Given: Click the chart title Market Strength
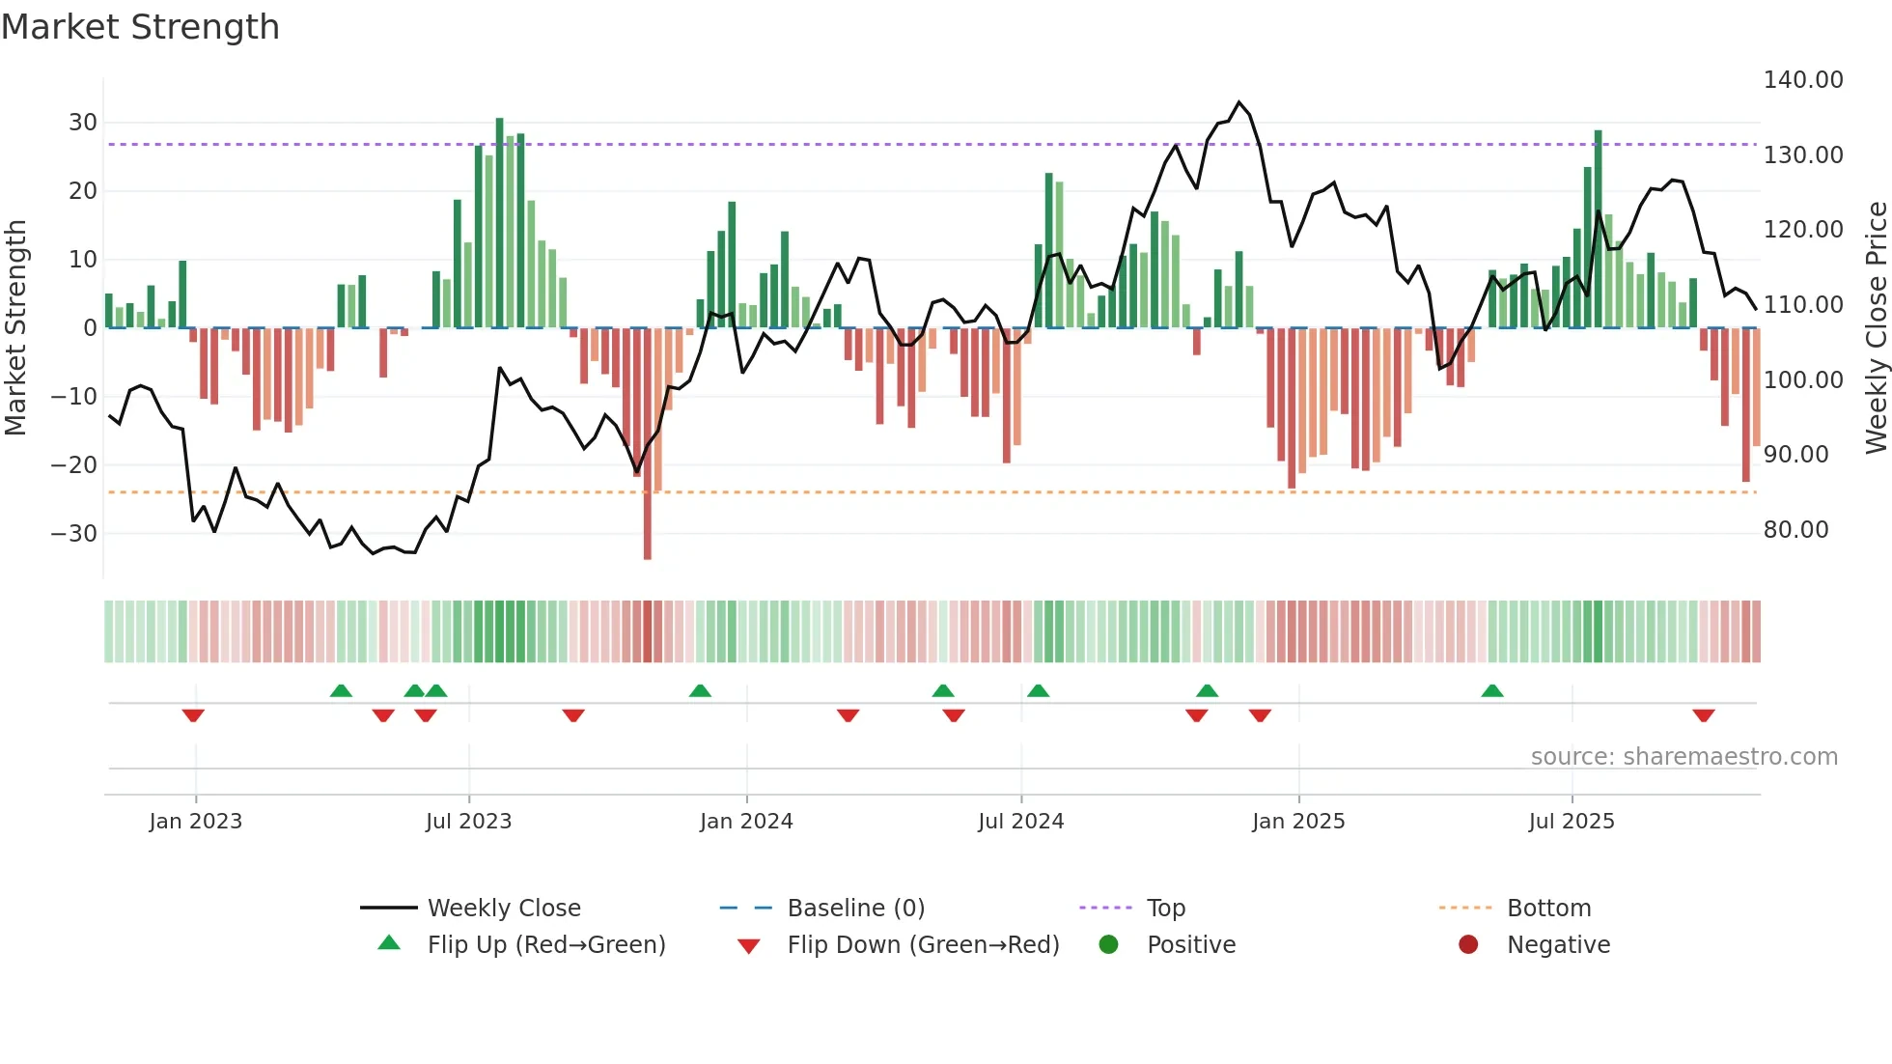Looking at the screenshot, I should point(140,27).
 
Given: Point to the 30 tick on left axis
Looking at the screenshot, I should point(83,123).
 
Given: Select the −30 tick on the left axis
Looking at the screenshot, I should point(74,533).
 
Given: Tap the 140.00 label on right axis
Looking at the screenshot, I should point(1802,80).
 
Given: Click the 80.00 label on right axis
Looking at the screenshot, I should point(1795,530).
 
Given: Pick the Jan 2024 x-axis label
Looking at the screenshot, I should point(745,822).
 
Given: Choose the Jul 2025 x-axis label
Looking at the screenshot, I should point(1571,822).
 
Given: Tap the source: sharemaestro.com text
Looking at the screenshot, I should point(1683,757).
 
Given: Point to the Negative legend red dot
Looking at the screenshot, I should point(1468,945).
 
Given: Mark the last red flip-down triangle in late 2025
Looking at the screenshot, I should point(1703,715).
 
